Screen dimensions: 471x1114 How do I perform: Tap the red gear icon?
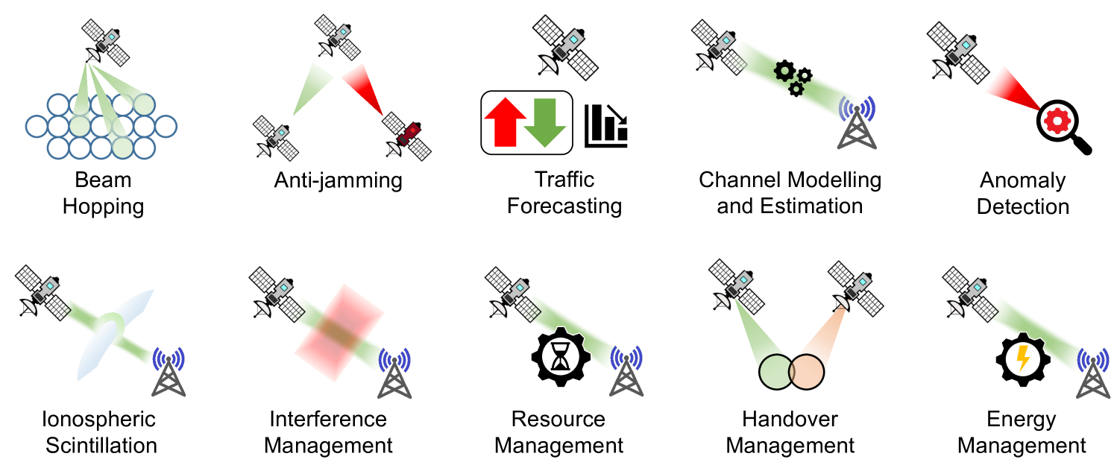click(x=1057, y=121)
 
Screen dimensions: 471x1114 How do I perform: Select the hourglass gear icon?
click(x=560, y=357)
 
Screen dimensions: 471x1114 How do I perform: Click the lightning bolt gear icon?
click(x=1023, y=359)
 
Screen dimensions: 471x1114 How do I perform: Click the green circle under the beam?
click(x=776, y=371)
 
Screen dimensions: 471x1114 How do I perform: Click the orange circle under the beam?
click(x=806, y=371)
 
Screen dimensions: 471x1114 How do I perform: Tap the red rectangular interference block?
click(x=339, y=332)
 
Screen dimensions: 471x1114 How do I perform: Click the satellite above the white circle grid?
click(x=105, y=42)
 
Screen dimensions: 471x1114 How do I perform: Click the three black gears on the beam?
click(x=793, y=78)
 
